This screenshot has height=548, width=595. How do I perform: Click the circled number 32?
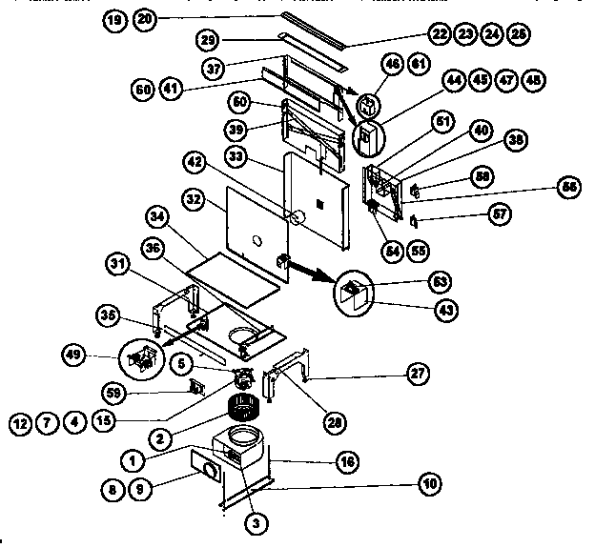[x=195, y=201]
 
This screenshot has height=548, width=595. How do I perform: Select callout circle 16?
[x=350, y=461]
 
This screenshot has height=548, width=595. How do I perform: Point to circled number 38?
[x=516, y=138]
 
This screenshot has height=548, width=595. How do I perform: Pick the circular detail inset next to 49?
[x=141, y=356]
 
